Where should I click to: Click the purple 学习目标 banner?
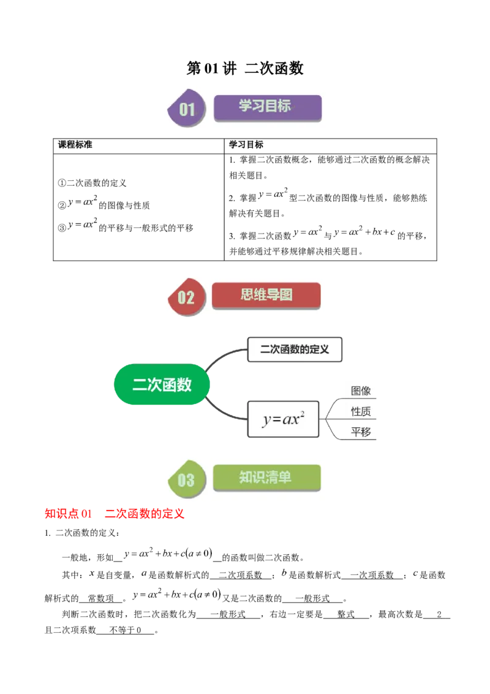267,107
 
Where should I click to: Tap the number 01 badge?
187,110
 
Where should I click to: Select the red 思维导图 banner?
266,295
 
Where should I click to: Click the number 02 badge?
186,298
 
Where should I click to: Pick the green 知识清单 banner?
266,478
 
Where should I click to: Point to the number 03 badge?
186,480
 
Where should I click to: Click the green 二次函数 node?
162,385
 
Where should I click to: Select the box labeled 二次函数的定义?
294,349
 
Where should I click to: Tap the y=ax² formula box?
282,420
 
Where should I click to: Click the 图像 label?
360,391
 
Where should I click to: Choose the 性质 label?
360,411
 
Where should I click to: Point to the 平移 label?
360,432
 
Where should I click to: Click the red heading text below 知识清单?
115,514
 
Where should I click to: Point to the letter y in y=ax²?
266,421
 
